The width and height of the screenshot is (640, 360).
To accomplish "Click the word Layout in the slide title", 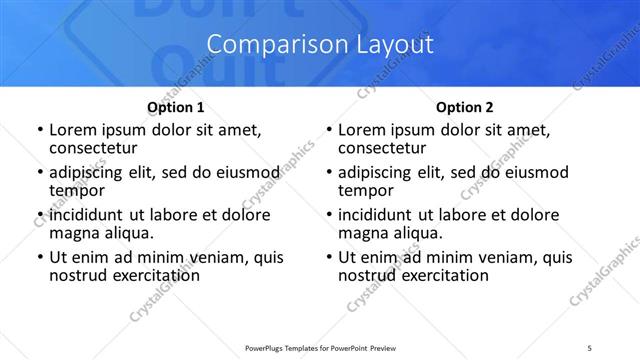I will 392,45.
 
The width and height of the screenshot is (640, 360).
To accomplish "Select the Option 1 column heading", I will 176,107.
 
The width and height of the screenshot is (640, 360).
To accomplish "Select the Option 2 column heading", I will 465,107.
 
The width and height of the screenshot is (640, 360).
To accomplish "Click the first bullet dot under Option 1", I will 39,130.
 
